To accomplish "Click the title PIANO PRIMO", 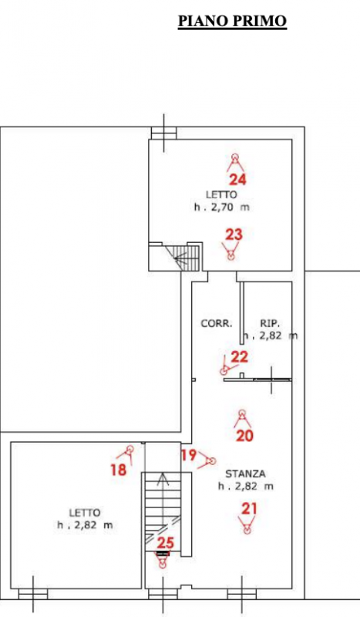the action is pos(232,21).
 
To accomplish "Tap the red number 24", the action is pos(237,180).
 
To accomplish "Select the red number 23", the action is pos(234,234).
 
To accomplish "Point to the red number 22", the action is pos(240,357).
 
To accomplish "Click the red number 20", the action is pos(244,436).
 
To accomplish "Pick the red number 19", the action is pos(189,455).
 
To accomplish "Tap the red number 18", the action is pos(119,470).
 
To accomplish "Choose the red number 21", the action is pos(249,509).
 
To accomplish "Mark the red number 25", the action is pos(165,543).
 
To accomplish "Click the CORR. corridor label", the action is pos(217,323).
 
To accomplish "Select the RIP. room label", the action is pos(270,323).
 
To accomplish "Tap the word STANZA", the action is pos(245,474).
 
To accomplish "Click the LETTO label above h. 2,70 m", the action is pos(221,194).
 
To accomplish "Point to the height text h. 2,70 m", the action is pos(221,207).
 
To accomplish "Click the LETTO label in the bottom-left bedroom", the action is pos(85,513).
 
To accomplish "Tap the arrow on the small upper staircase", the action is pos(183,258).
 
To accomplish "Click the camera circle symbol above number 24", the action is pos(235,157).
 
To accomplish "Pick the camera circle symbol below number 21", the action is pos(247,531).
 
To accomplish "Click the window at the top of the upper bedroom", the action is pos(164,133).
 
